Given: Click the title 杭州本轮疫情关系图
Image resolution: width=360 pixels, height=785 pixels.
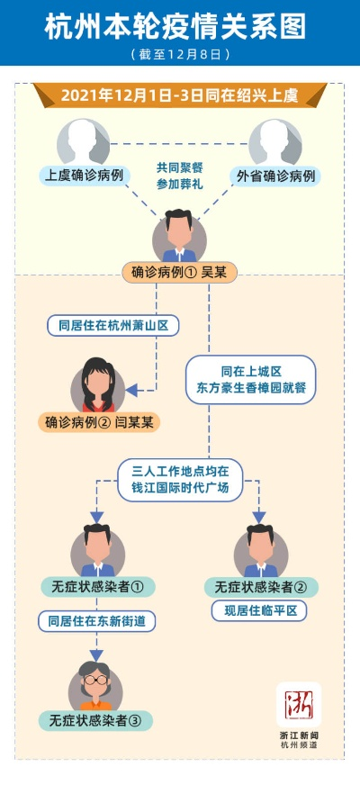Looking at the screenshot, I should tap(179, 27).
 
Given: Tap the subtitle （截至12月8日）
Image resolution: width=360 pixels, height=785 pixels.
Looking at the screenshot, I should tap(179, 55).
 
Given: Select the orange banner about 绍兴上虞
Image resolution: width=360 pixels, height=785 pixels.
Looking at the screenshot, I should tap(179, 95).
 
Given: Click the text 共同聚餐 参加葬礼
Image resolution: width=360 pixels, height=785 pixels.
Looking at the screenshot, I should tap(179, 175).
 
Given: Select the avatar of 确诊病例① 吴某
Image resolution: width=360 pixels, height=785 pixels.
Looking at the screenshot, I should tap(179, 236).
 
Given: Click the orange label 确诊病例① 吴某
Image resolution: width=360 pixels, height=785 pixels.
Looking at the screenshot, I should tap(179, 271).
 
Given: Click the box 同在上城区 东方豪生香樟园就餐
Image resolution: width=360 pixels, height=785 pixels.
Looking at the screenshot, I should tap(251, 379).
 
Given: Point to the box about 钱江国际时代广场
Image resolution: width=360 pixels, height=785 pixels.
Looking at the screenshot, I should tap(181, 478).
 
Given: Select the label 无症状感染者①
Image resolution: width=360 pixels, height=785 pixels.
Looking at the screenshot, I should tap(97, 587).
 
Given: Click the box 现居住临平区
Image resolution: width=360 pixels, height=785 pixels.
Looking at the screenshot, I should tap(261, 611).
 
